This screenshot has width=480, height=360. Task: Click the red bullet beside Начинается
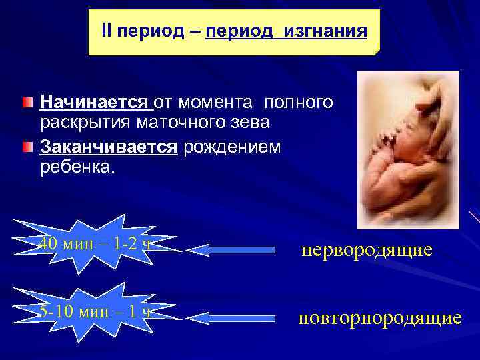pyautogui.click(x=25, y=103)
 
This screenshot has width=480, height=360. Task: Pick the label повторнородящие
pyautogui.click(x=379, y=317)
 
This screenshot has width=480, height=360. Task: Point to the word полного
pyautogui.click(x=299, y=103)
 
